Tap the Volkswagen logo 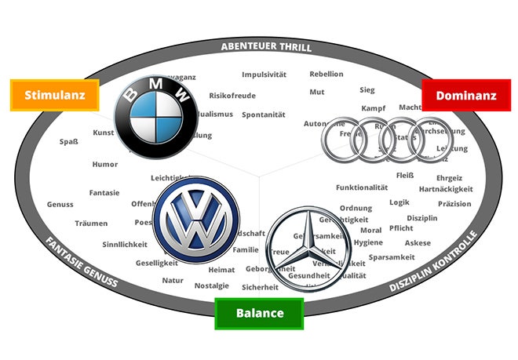point(195,220)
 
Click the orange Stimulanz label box point(54,96)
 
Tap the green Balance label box point(260,313)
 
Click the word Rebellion point(326,75)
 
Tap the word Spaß point(69,142)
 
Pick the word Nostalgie point(212,285)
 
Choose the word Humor point(104,165)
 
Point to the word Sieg point(367,90)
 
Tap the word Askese point(418,243)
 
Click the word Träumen point(91,224)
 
